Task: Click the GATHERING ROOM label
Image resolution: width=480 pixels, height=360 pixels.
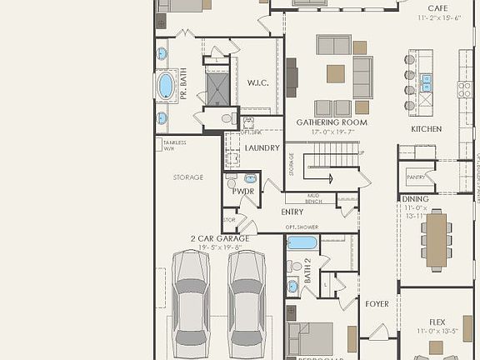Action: point(332,122)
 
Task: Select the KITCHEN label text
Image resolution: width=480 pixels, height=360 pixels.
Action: point(426,129)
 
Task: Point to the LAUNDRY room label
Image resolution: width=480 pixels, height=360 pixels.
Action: point(261,148)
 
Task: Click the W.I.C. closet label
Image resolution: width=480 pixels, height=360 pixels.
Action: point(257,83)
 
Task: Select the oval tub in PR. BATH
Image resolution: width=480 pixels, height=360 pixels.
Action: point(166,86)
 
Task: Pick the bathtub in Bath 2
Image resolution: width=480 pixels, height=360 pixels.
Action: point(302,243)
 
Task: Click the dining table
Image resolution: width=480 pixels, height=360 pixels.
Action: point(436,241)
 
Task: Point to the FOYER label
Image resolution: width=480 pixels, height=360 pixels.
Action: point(377,304)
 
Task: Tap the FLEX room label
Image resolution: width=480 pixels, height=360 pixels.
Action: point(437,322)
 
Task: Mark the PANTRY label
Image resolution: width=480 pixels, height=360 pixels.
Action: point(416,177)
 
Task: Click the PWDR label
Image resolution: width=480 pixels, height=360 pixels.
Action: point(243,192)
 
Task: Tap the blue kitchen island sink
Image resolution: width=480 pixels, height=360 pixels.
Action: point(427,82)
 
